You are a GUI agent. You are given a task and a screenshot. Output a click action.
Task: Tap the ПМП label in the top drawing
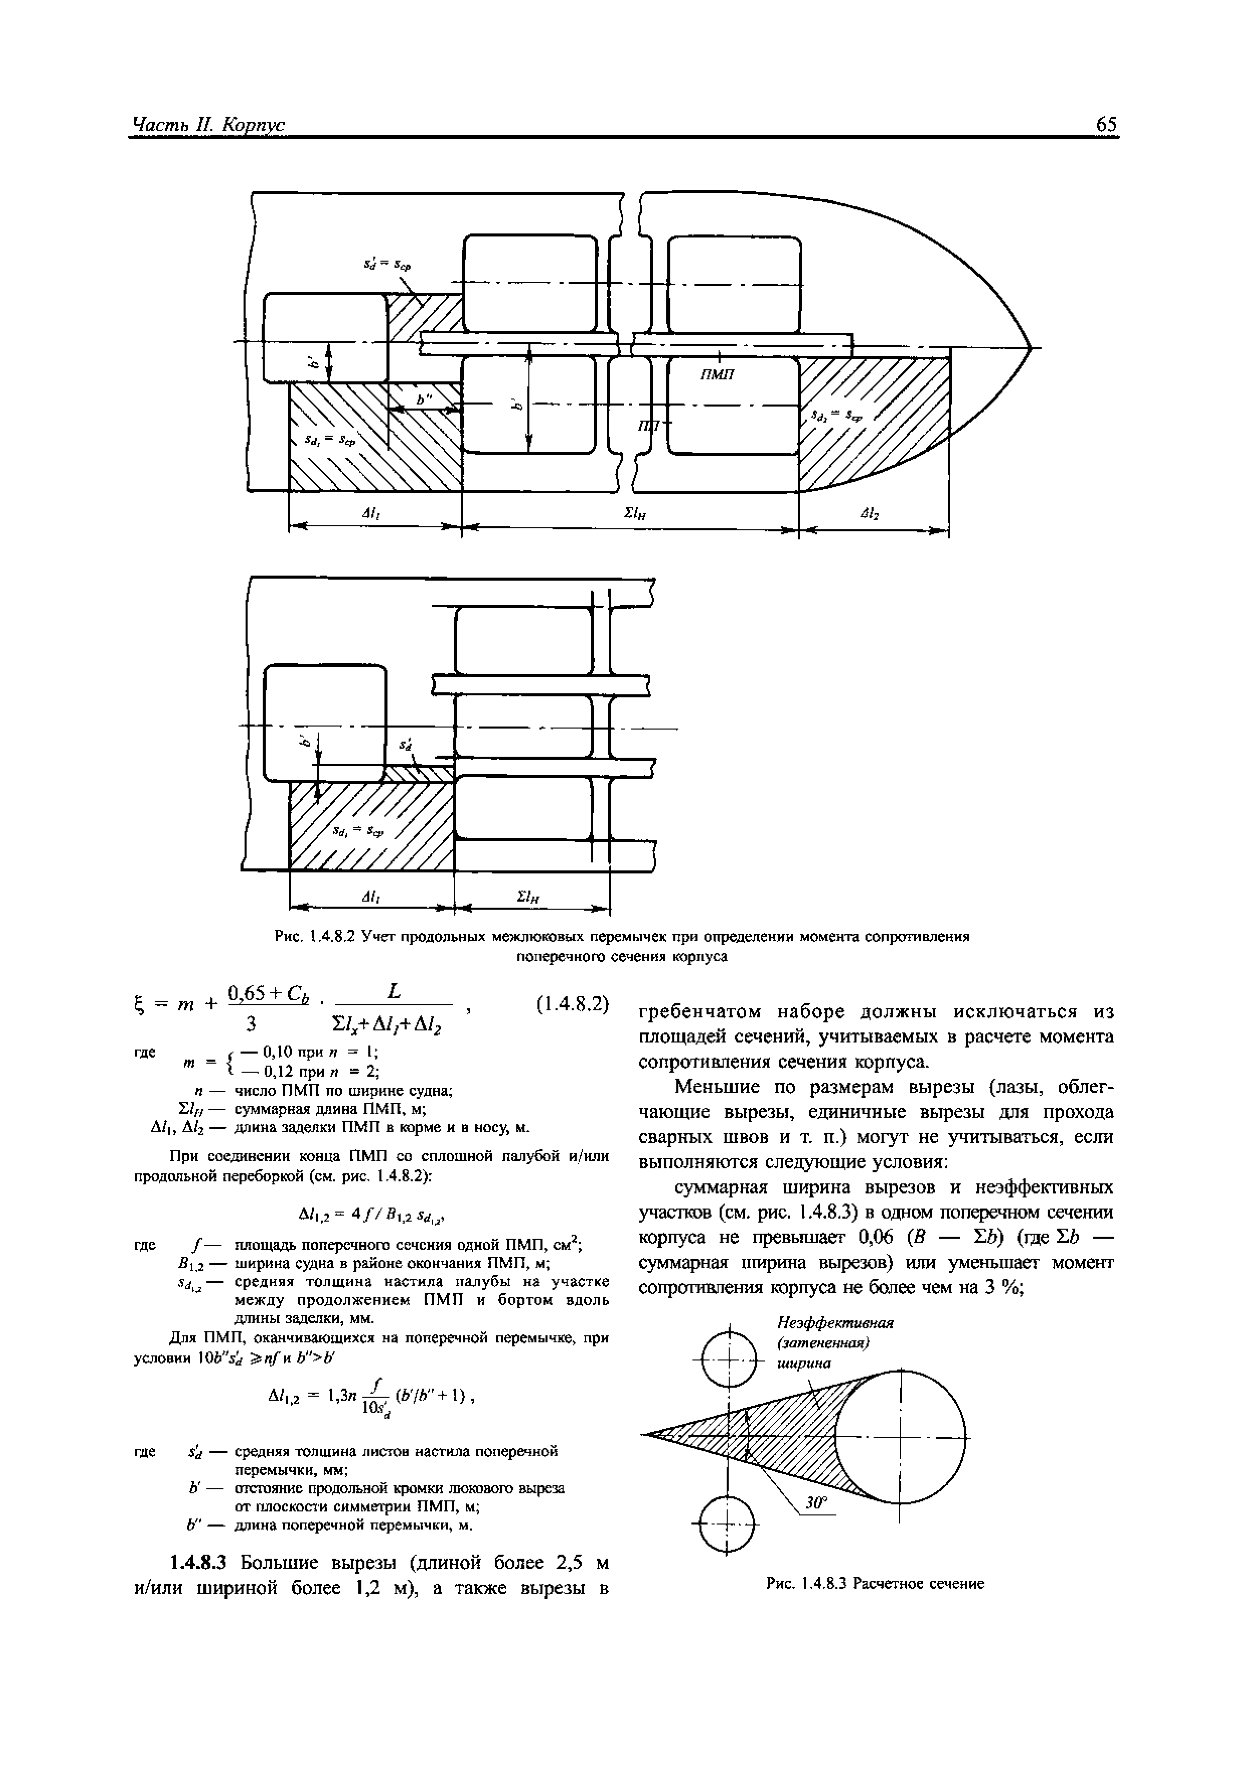(x=718, y=374)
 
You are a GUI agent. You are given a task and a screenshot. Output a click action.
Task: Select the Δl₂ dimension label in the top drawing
(x=871, y=514)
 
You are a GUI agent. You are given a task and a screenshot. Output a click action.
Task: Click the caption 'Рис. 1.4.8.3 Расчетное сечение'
(x=875, y=1583)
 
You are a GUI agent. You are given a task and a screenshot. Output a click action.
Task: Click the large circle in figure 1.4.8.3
(x=900, y=1436)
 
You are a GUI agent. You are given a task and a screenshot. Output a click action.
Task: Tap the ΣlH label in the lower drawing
(x=527, y=896)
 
